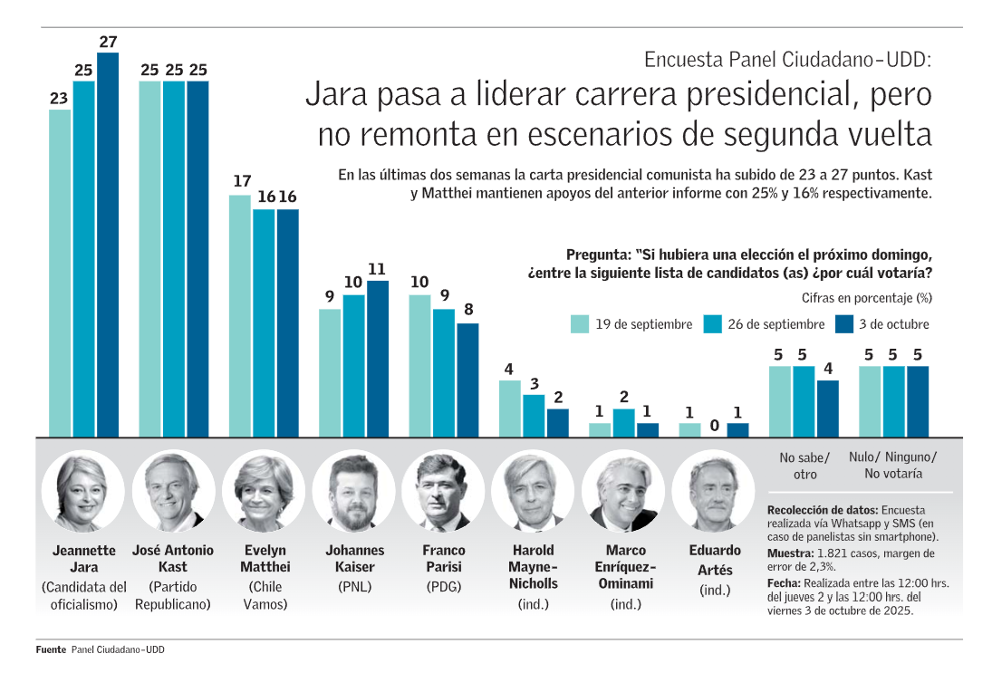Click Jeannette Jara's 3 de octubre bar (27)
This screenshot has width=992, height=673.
pyautogui.click(x=108, y=245)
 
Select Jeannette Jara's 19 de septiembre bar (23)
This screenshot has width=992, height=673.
pyautogui.click(x=60, y=273)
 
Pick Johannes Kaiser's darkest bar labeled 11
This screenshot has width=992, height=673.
pyautogui.click(x=378, y=359)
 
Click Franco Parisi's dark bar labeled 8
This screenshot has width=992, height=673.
pyautogui.click(x=467, y=380)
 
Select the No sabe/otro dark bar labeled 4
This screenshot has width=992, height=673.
pyautogui.click(x=828, y=409)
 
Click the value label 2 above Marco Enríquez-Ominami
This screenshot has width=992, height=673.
pyautogui.click(x=624, y=397)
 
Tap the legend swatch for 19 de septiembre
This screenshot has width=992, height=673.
pyautogui.click(x=580, y=324)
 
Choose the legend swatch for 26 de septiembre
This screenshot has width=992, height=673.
pyautogui.click(x=712, y=324)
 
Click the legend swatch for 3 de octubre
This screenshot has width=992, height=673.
pyautogui.click(x=844, y=324)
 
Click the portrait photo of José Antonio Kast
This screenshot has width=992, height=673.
pyautogui.click(x=173, y=492)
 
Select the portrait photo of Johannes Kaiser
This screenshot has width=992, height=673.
pyautogui.click(x=354, y=492)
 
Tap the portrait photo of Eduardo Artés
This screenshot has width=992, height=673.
pyautogui.click(x=715, y=492)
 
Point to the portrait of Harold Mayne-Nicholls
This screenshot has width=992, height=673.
pyautogui.click(x=533, y=492)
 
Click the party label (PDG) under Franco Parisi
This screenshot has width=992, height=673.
pyautogui.click(x=444, y=586)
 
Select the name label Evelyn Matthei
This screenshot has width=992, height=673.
pyautogui.click(x=265, y=558)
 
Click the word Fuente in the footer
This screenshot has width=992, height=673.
pyautogui.click(x=51, y=649)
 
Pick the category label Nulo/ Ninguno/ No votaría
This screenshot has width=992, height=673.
pyautogui.click(x=894, y=465)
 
